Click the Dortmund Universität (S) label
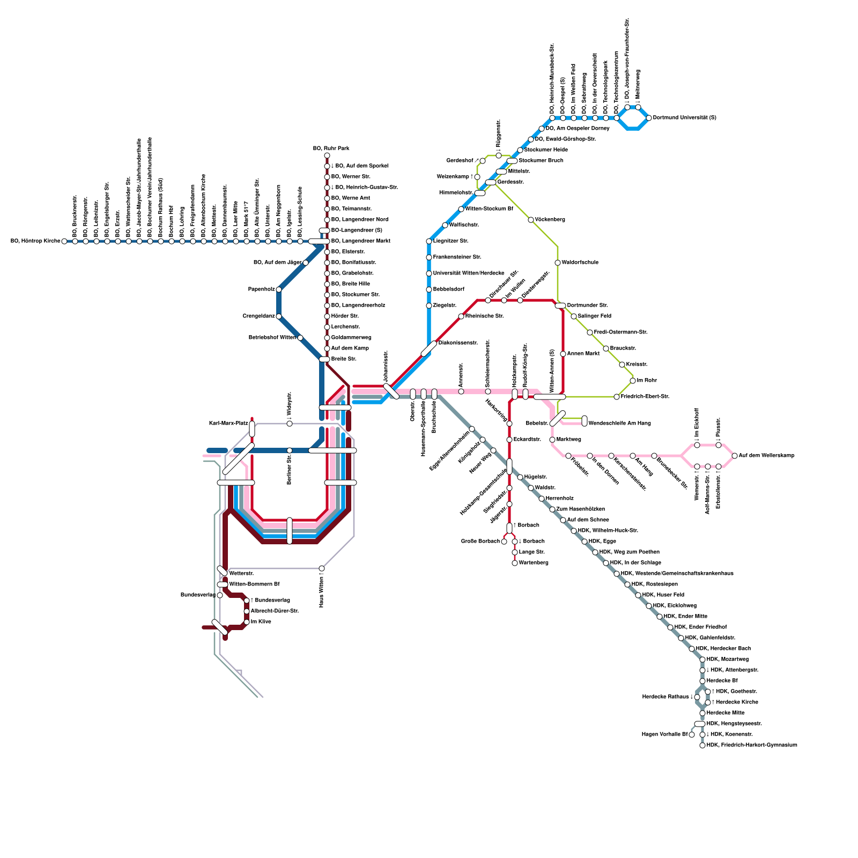(x=684, y=118)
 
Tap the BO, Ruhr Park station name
(x=331, y=149)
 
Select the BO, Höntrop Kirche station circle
(x=64, y=241)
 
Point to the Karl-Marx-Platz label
(x=228, y=424)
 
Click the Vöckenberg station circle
(x=531, y=220)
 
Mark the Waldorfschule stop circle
(x=558, y=263)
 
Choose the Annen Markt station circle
(x=563, y=354)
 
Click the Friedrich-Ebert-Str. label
(x=645, y=397)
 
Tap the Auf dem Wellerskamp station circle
(x=735, y=456)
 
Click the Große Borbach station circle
(x=504, y=542)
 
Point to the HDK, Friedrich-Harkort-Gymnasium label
(x=752, y=745)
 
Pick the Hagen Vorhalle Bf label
(x=664, y=735)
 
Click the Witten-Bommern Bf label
(x=254, y=585)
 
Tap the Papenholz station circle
(x=279, y=290)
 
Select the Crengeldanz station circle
(x=279, y=316)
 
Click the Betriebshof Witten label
(x=272, y=338)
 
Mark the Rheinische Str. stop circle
(x=461, y=316)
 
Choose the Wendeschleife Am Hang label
(x=619, y=424)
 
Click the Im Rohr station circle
(x=633, y=381)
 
